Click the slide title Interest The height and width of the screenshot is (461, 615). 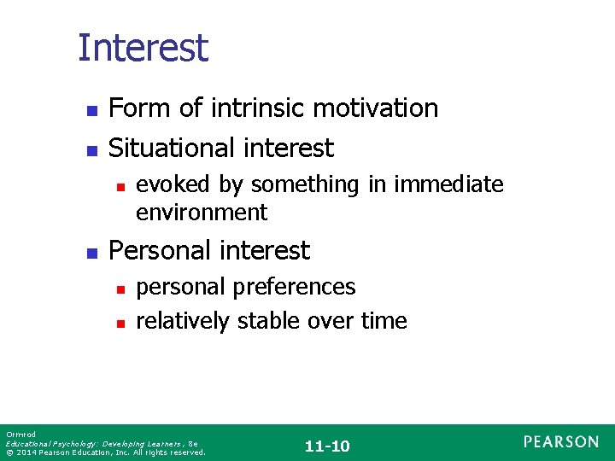143,48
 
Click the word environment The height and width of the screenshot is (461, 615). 202,212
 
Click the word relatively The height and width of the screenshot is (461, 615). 183,321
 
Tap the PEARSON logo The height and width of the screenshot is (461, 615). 561,441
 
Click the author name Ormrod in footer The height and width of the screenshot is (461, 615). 16,435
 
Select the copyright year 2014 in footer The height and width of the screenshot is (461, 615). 26,452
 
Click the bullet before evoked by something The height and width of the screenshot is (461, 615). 120,185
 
